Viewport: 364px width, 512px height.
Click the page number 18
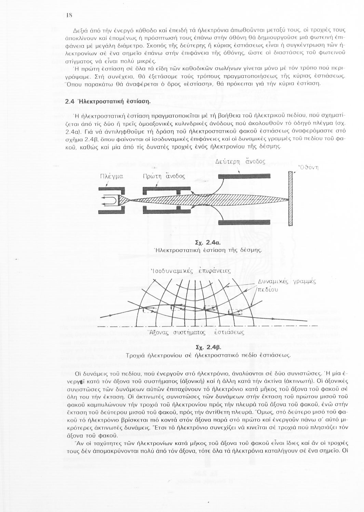[69, 15]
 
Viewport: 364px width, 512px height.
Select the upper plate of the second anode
[244, 176]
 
